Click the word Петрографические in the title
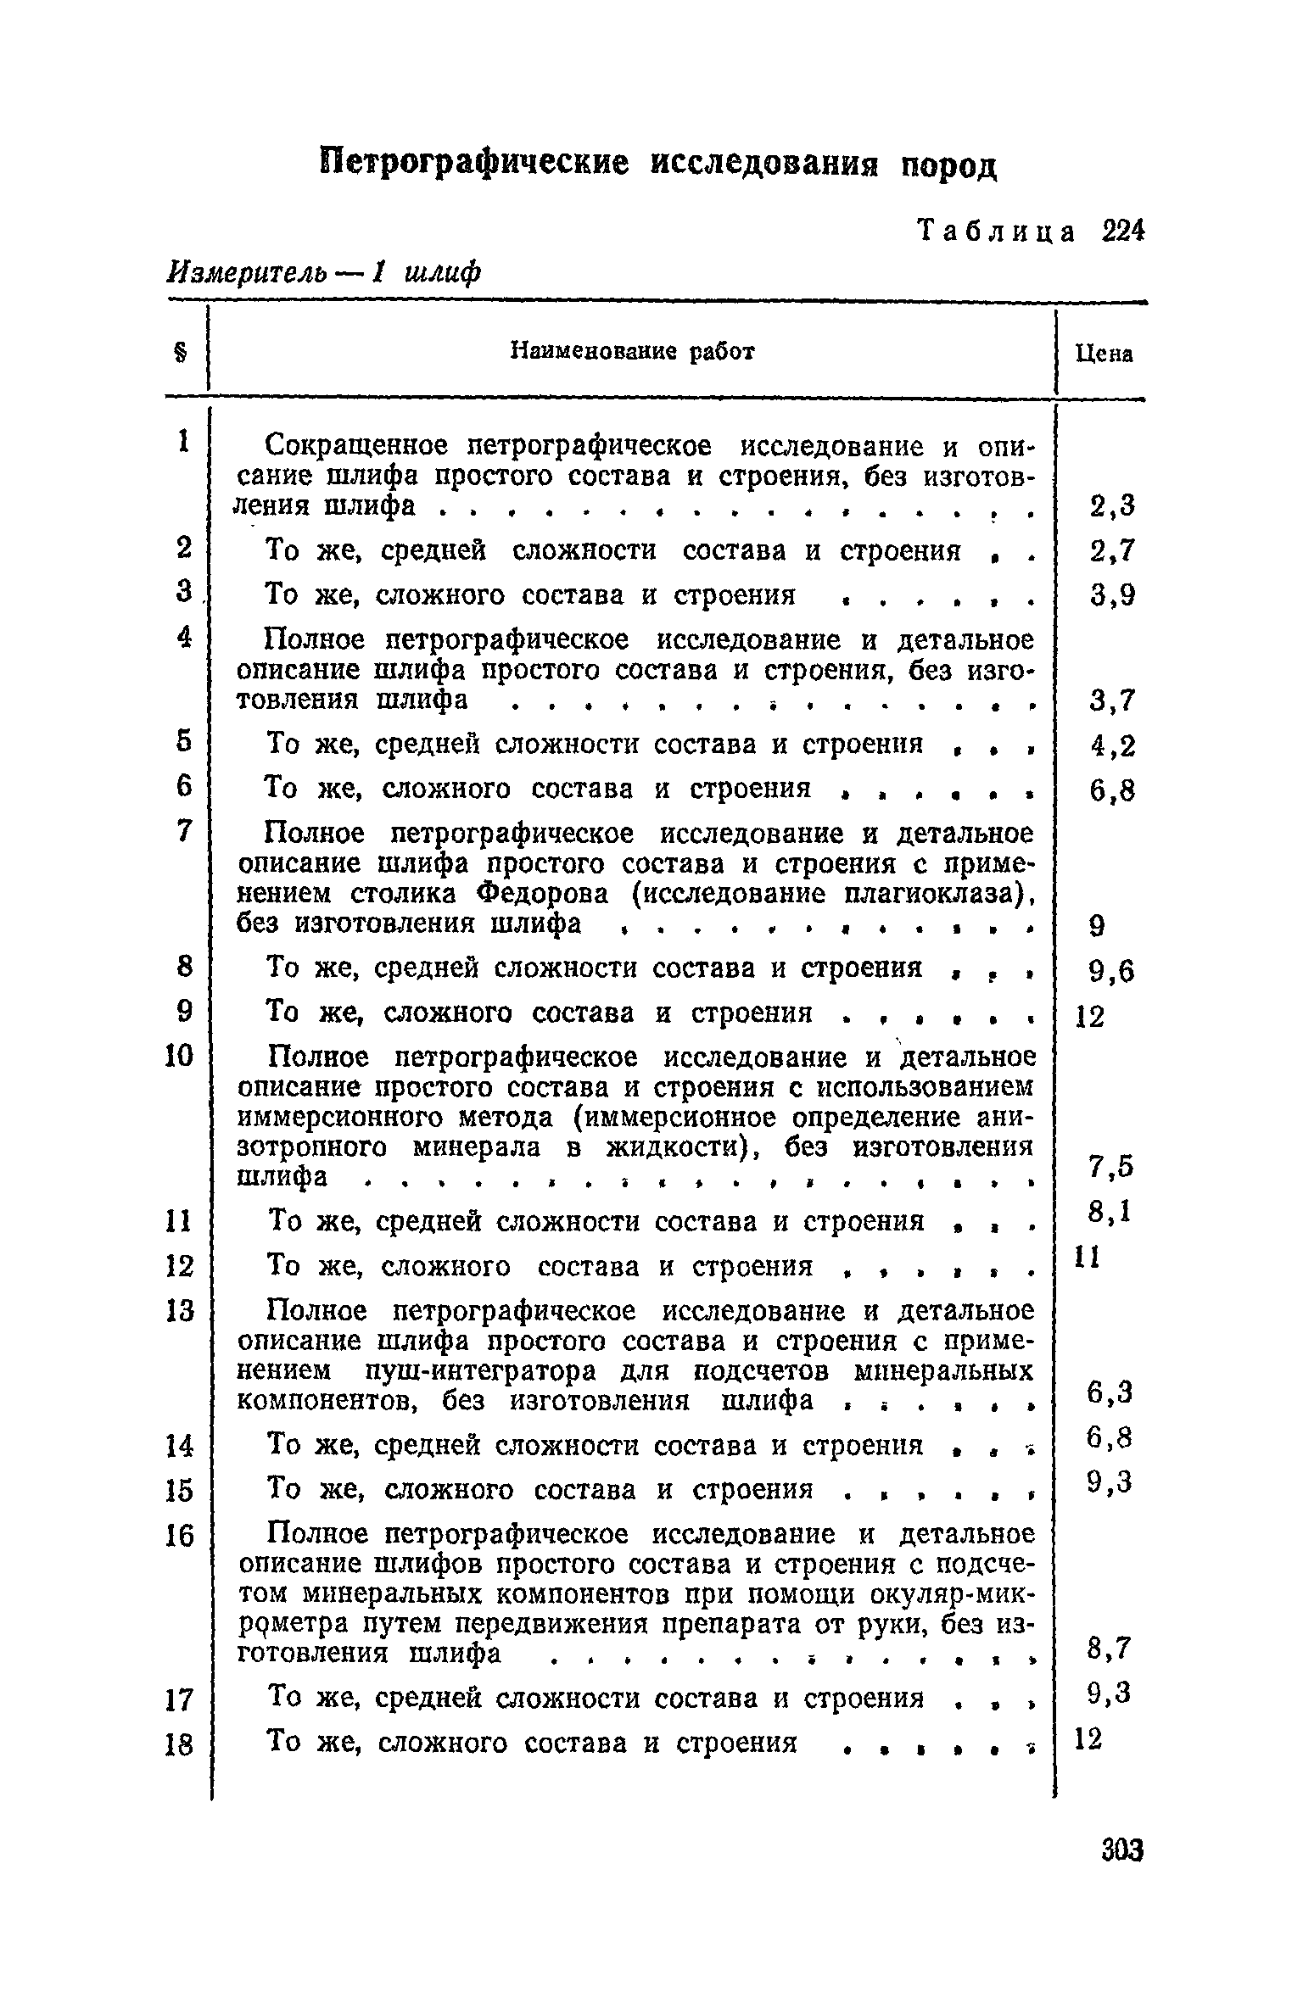(x=476, y=160)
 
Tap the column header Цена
(x=1104, y=354)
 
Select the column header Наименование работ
(x=631, y=351)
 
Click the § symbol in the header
(x=181, y=353)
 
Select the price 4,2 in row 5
(x=1111, y=746)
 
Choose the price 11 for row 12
(x=1088, y=1257)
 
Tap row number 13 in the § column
(x=180, y=1311)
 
